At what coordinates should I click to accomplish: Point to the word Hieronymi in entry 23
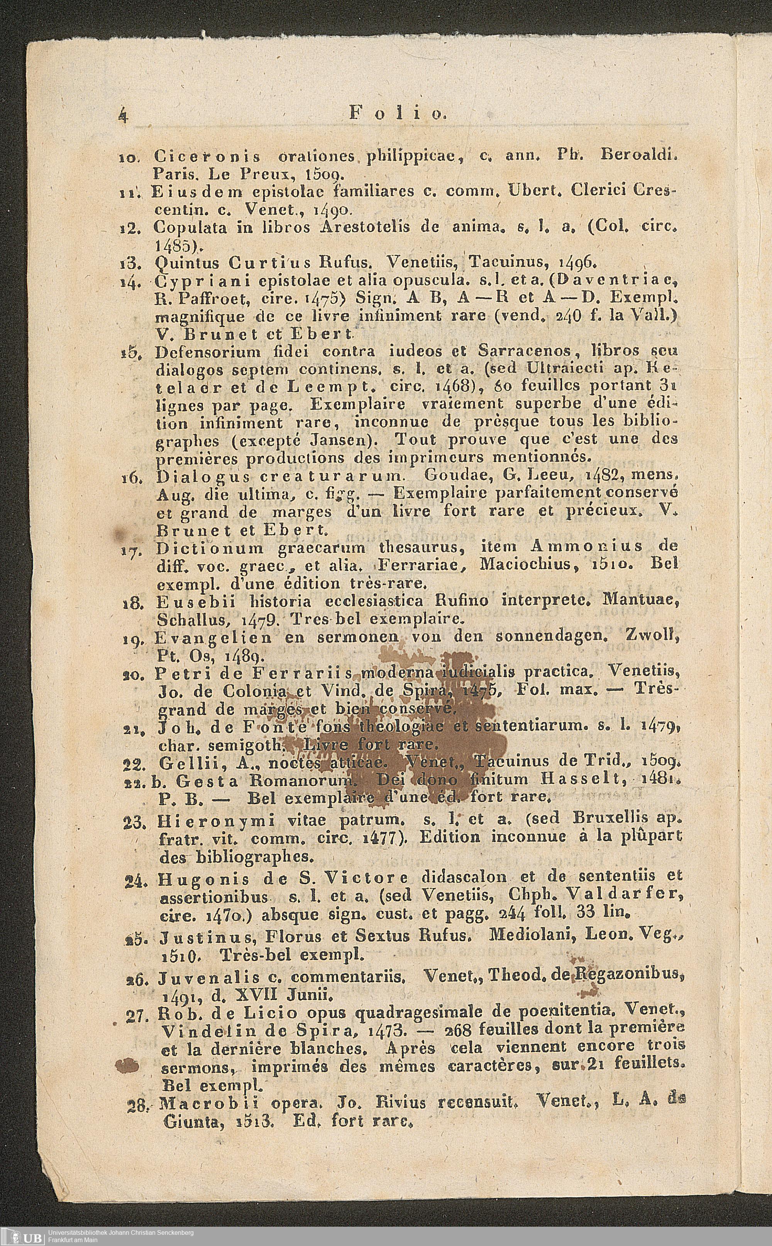pyautogui.click(x=217, y=821)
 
